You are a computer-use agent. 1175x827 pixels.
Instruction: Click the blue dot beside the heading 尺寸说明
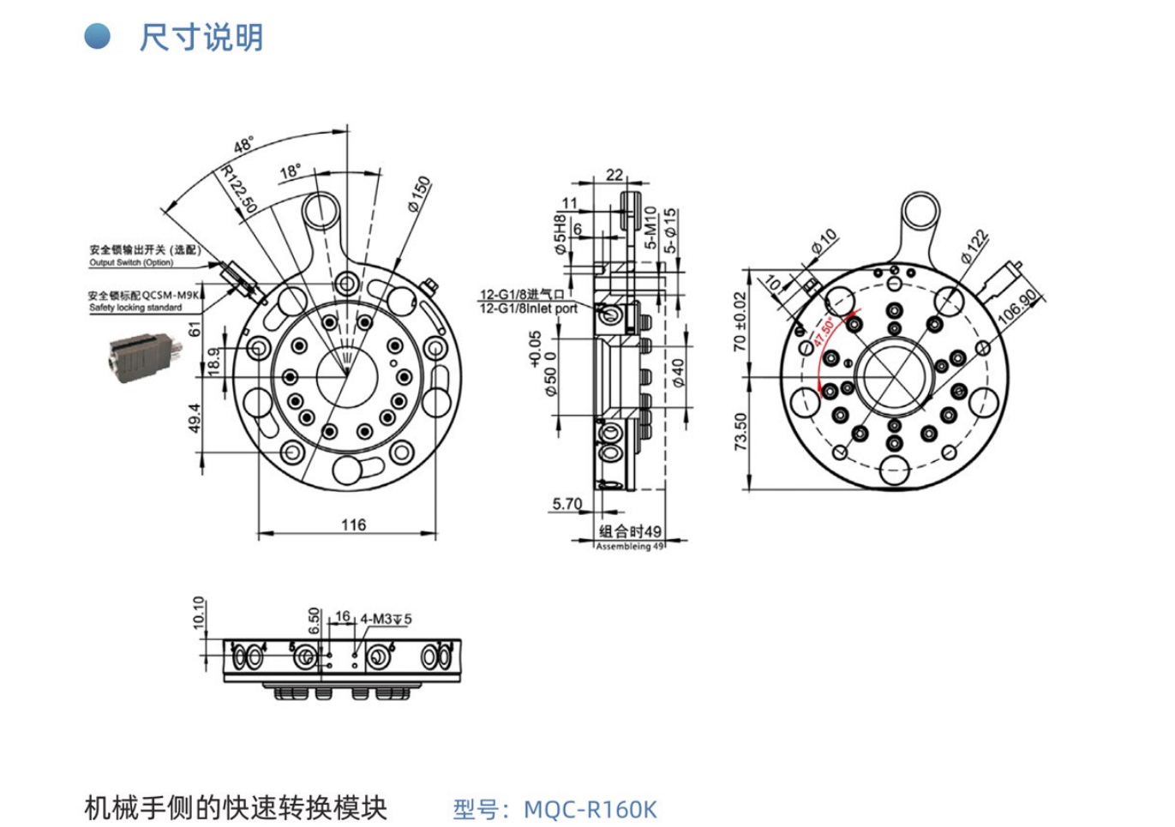click(x=97, y=37)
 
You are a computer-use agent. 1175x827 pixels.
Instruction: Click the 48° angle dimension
click(x=244, y=145)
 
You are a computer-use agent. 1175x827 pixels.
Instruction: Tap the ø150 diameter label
click(x=418, y=195)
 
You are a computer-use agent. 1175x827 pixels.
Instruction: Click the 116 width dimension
click(x=353, y=524)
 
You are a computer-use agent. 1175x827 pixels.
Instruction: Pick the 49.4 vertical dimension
click(x=195, y=418)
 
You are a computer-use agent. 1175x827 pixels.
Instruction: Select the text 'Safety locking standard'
click(x=135, y=307)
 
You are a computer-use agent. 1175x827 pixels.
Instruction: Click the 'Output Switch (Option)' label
click(x=131, y=262)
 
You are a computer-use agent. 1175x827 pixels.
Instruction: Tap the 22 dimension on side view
click(x=614, y=175)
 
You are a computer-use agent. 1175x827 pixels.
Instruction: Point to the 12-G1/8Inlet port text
click(x=528, y=309)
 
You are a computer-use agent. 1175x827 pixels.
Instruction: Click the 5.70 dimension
click(x=567, y=504)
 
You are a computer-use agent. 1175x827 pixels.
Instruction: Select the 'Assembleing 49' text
click(x=630, y=546)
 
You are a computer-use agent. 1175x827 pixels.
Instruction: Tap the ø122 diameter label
click(x=974, y=246)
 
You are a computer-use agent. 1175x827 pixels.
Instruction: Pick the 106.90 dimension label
click(x=1017, y=307)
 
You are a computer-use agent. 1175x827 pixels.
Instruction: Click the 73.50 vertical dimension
click(x=740, y=431)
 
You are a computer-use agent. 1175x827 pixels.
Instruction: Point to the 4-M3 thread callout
click(x=386, y=619)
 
